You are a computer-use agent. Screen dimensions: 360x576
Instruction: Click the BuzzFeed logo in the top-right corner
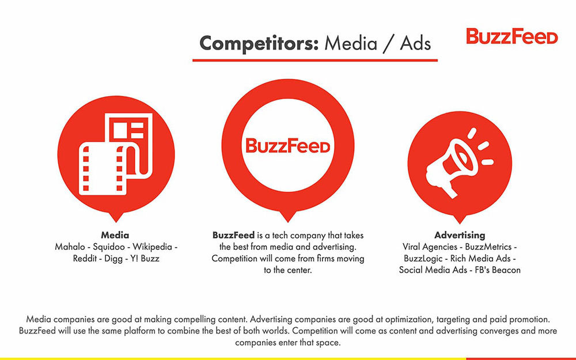point(511,36)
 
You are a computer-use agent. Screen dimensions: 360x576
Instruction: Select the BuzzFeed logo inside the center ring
point(287,145)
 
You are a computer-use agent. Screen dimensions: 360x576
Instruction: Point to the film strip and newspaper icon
point(115,154)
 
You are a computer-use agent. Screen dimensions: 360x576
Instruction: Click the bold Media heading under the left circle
point(115,235)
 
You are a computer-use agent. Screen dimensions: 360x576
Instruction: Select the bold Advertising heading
point(460,235)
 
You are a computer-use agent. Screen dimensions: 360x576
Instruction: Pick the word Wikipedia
point(151,247)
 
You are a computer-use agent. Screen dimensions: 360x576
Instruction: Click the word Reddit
point(86,259)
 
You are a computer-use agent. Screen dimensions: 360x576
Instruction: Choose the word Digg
point(115,259)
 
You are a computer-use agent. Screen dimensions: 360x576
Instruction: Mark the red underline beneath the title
point(314,60)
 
